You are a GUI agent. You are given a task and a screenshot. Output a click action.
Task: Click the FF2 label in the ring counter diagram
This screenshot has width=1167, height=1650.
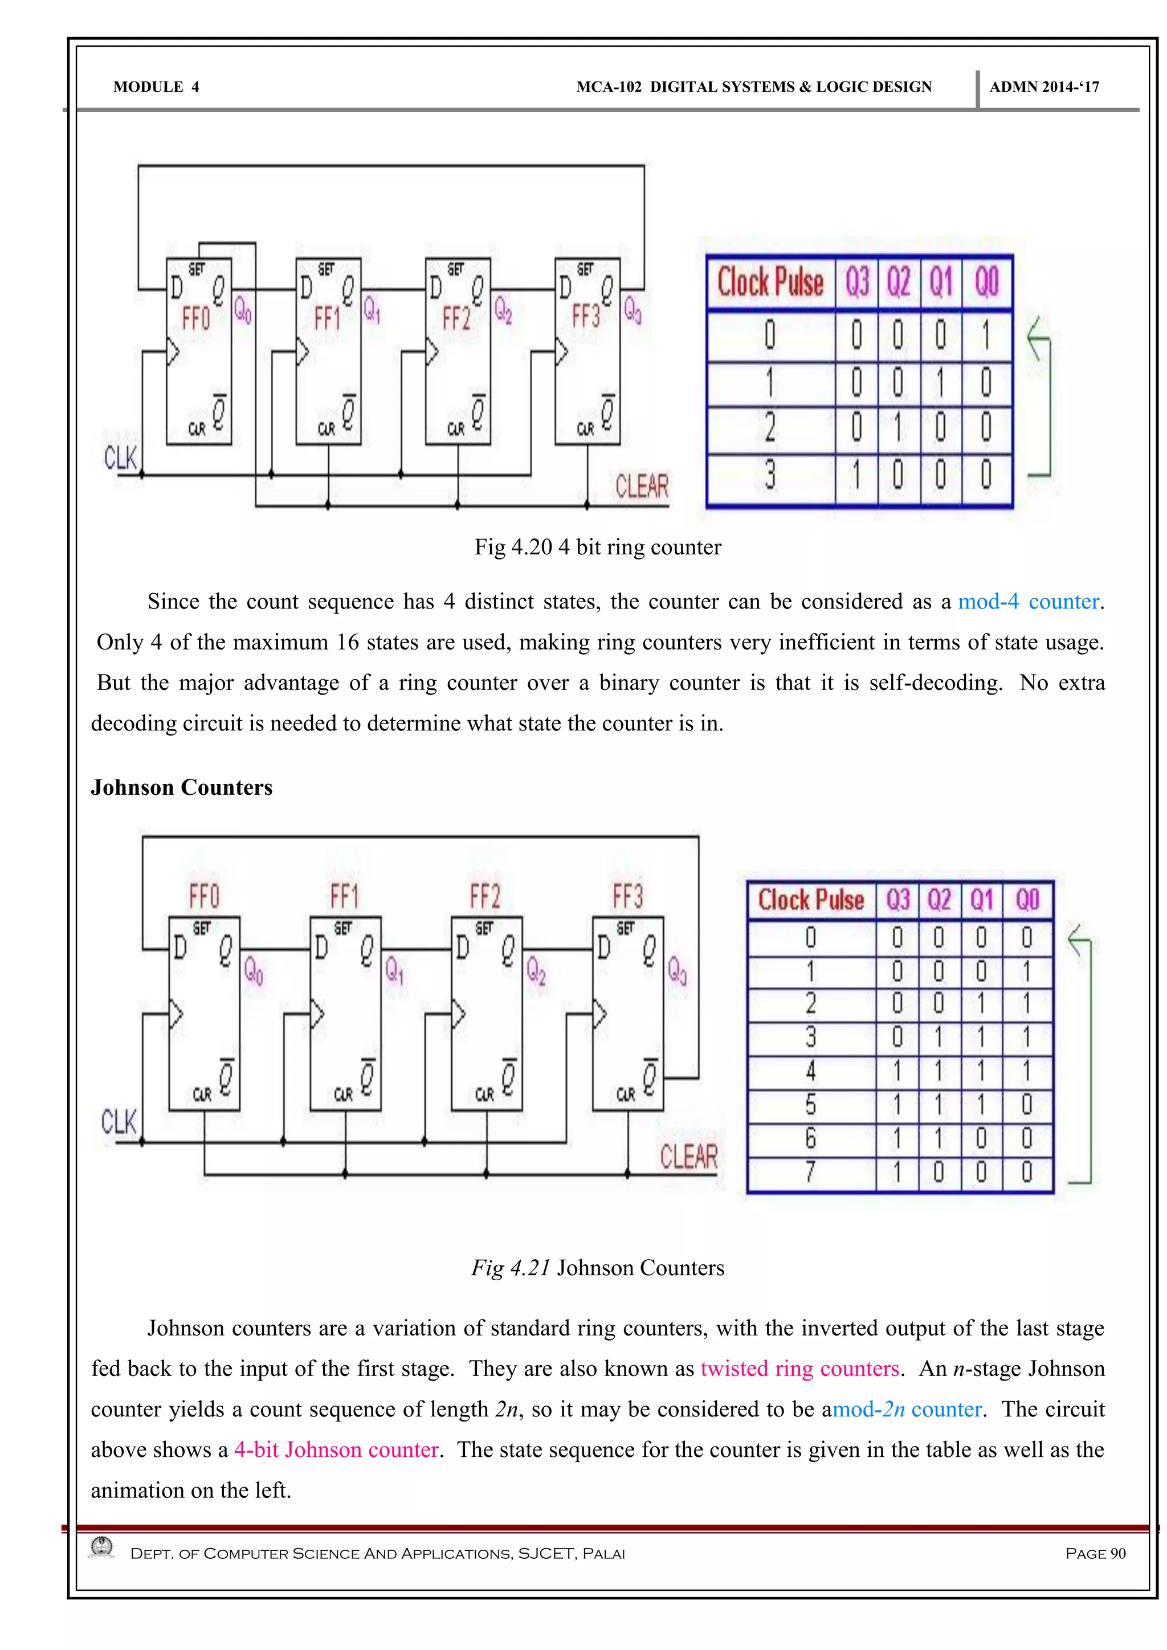click(x=456, y=317)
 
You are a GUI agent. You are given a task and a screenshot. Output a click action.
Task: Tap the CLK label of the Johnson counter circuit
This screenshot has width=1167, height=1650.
click(x=119, y=1121)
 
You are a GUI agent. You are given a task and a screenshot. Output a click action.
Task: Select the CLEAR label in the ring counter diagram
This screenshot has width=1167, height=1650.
click(x=641, y=487)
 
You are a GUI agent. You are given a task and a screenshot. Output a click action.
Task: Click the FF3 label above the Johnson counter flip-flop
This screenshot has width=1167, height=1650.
click(x=627, y=896)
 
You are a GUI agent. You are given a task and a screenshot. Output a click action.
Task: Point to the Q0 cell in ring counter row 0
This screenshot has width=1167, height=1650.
click(x=986, y=336)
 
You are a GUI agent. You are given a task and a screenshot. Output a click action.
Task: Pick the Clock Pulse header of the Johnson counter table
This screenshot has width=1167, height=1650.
click(x=811, y=900)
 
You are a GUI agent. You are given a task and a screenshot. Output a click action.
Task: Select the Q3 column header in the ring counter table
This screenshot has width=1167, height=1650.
click(x=856, y=281)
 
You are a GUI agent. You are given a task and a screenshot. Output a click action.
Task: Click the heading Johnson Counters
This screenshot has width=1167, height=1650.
click(x=182, y=787)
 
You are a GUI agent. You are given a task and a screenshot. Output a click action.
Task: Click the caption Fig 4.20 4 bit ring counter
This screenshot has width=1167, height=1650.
click(x=597, y=547)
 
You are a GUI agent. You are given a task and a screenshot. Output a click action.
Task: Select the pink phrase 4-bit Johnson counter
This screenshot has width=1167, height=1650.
click(x=336, y=1449)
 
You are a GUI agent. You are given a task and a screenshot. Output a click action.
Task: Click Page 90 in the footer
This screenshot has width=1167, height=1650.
click(x=1095, y=1553)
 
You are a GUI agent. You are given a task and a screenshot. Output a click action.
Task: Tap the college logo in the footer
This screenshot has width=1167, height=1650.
click(x=102, y=1547)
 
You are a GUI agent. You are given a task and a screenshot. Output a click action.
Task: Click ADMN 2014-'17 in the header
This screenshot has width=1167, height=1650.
click(x=1043, y=87)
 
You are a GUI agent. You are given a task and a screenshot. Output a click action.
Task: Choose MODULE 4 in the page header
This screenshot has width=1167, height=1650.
click(x=156, y=87)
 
